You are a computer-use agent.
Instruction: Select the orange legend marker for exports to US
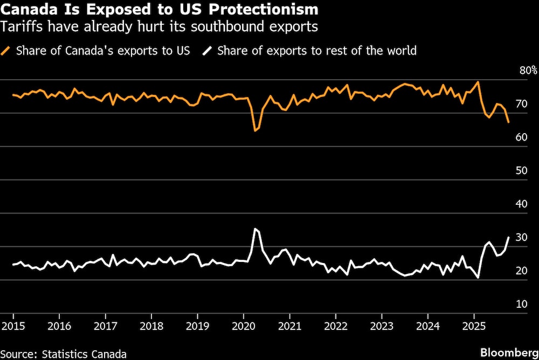(7, 51)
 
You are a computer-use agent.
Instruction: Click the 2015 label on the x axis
(12, 327)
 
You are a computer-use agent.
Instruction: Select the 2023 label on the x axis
(382, 327)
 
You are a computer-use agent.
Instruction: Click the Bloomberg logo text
(508, 352)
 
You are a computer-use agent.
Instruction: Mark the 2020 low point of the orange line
(255, 130)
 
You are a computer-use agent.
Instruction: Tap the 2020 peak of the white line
(255, 229)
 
